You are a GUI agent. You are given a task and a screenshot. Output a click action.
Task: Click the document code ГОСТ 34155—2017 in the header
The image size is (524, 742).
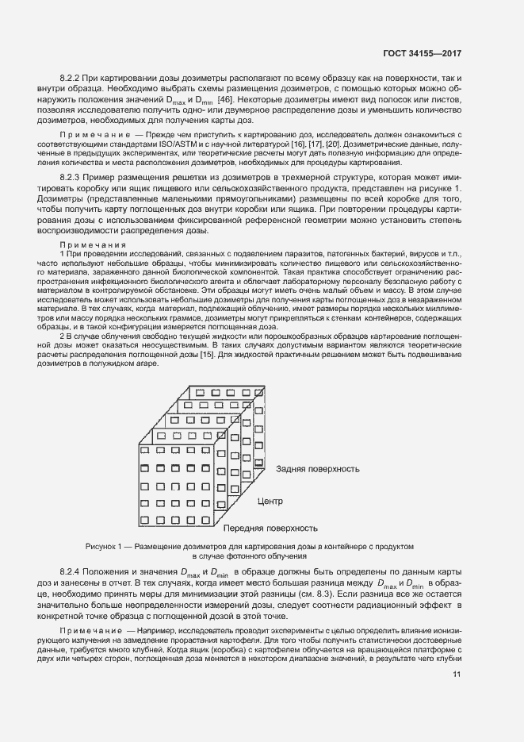[421, 54]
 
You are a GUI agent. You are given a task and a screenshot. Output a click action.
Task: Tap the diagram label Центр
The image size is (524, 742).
[271, 502]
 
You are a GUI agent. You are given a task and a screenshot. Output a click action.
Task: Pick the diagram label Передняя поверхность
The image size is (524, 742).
[270, 528]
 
